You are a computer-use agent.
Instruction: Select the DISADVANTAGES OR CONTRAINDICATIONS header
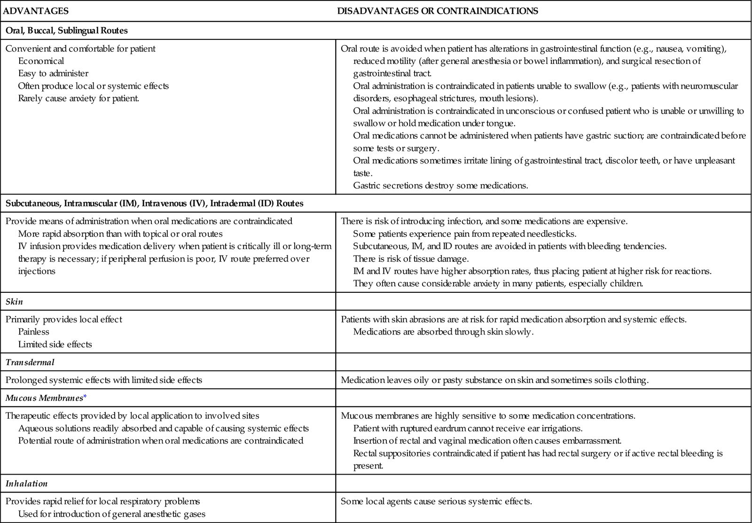438,11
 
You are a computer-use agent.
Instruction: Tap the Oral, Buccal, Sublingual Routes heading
67,31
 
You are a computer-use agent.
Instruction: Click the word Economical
41,61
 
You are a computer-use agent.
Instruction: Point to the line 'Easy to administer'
53,73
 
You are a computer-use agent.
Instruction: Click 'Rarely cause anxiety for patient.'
78,98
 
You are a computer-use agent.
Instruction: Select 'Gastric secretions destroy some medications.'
440,186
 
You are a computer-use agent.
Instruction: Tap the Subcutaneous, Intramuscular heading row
154,203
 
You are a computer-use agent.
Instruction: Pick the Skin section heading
14,302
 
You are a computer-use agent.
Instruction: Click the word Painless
33,332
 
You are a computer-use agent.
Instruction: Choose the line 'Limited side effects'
55,344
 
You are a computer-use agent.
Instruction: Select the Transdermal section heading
30,362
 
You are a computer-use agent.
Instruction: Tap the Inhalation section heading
26,483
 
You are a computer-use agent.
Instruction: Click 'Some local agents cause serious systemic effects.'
436,501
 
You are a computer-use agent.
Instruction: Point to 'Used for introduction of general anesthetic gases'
112,514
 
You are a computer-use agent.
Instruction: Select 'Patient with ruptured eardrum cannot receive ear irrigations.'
468,429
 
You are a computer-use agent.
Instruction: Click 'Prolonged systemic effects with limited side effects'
104,380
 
